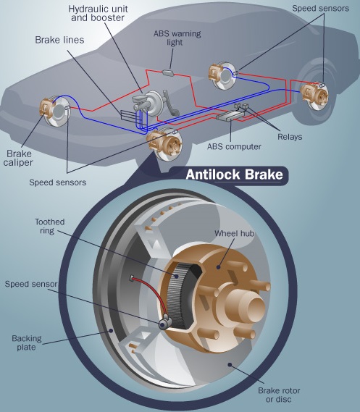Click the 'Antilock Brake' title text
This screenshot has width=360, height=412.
(x=235, y=175)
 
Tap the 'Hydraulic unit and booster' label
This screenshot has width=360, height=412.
(x=98, y=13)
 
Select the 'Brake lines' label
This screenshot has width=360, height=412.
(x=59, y=40)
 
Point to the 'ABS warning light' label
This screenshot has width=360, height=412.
(x=177, y=38)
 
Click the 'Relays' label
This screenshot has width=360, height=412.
(x=290, y=137)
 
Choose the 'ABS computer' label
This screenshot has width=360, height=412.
(x=234, y=146)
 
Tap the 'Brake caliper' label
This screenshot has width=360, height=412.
(x=18, y=158)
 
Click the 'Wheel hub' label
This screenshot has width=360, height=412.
(x=234, y=233)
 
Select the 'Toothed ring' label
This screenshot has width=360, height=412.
(x=50, y=226)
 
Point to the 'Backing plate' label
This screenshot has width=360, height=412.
(x=27, y=342)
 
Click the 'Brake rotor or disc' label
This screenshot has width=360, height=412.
(x=279, y=395)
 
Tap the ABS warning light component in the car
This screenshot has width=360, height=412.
(x=168, y=72)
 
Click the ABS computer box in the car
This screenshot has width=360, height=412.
(x=230, y=115)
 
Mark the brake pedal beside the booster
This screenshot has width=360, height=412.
(x=170, y=104)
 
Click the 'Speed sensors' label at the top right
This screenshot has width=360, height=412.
(x=321, y=9)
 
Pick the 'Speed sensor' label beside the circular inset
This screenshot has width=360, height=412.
(x=31, y=284)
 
